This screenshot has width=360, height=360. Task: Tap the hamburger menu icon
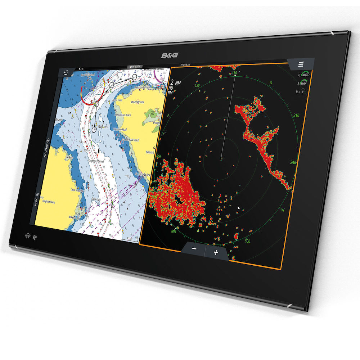pyautogui.click(x=301, y=64)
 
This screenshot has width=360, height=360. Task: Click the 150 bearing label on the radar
pyautogui.click(x=234, y=73)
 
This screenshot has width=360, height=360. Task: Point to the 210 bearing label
pyautogui.click(x=296, y=116)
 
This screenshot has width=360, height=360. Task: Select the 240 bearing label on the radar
pyautogui.click(x=293, y=162)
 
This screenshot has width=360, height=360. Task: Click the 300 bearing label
pyautogui.click(x=247, y=241)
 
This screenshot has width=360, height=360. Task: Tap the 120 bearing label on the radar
pyautogui.click(x=197, y=86)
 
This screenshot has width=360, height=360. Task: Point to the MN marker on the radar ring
pyautogui.click(x=174, y=231)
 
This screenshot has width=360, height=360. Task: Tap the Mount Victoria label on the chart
pyautogui.click(x=138, y=102)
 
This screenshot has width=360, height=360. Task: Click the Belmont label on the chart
pyautogui.click(x=150, y=152)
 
